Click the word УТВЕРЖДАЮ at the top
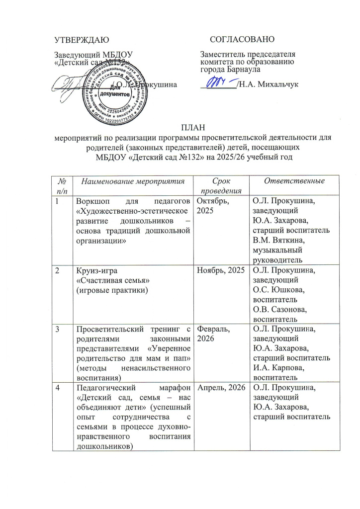point(82,39)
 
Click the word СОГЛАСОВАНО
point(242,39)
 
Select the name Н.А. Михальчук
point(269,85)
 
